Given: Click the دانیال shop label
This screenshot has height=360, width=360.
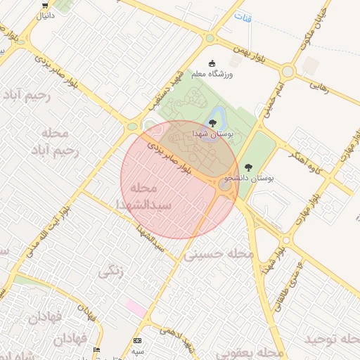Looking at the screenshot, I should [x=44, y=15].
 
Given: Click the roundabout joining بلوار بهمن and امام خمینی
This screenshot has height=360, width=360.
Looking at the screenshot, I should [x=287, y=71].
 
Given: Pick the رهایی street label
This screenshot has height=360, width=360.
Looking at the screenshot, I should [x=319, y=86].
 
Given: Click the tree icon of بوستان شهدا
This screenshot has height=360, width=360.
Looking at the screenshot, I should [x=212, y=124].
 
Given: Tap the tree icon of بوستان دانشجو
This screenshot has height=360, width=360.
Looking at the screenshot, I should [x=247, y=167].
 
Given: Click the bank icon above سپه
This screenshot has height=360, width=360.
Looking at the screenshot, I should [x=136, y=340].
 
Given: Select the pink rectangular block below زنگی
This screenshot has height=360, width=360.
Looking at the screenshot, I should [x=136, y=307].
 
